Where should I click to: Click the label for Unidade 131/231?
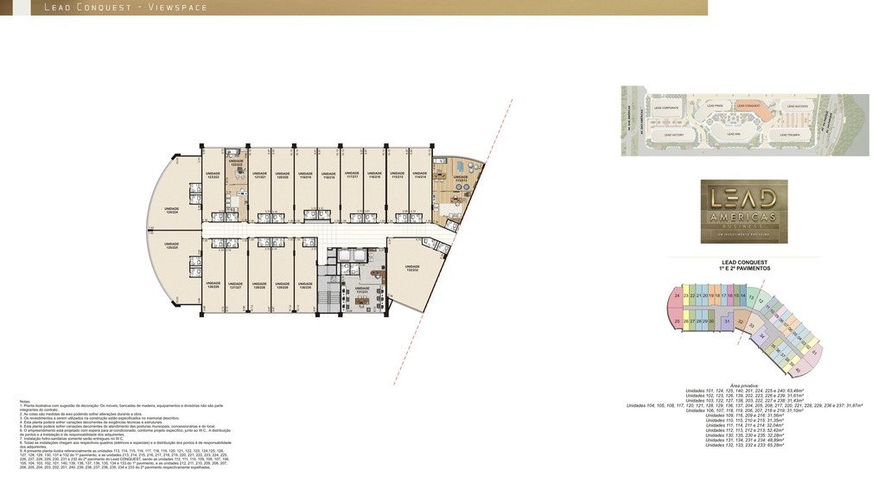coord(361,290)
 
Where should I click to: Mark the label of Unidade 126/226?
coord(213,283)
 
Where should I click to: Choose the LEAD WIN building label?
coord(733,134)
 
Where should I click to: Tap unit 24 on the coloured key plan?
coord(677,296)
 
